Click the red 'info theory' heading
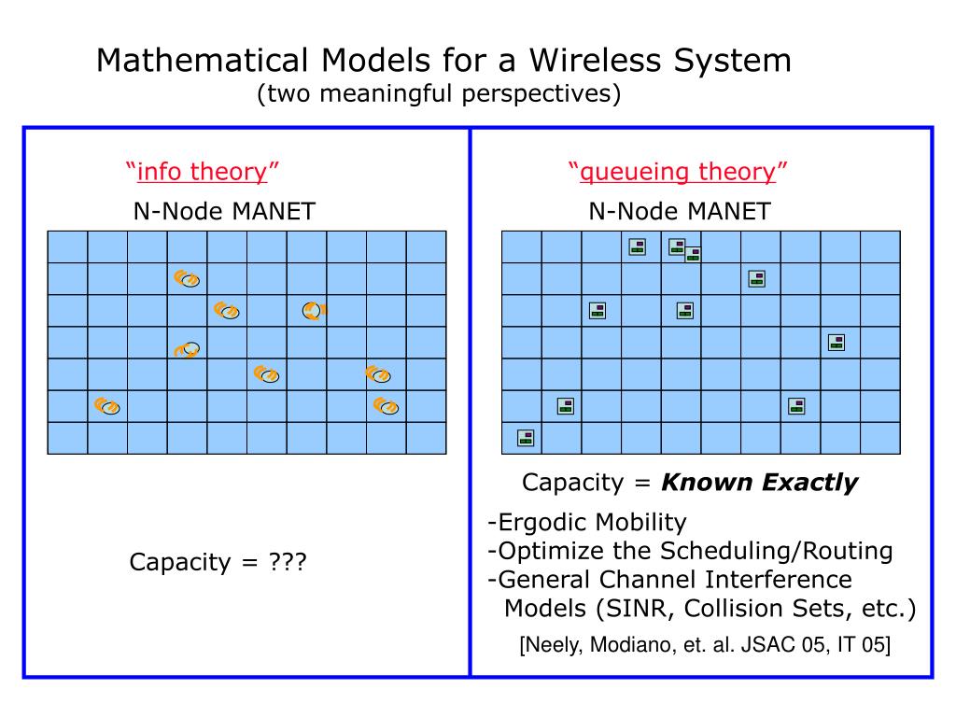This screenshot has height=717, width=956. pyautogui.click(x=203, y=172)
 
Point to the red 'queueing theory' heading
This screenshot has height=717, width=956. pyautogui.click(x=678, y=172)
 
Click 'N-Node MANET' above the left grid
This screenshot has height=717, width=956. pyautogui.click(x=224, y=212)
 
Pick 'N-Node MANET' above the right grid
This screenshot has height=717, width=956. pyautogui.click(x=680, y=212)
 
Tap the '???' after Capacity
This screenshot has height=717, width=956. pyautogui.click(x=288, y=563)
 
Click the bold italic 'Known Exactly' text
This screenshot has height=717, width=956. pyautogui.click(x=759, y=483)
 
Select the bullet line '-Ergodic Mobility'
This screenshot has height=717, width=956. pyautogui.click(x=586, y=522)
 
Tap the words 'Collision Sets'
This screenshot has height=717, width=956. pyautogui.click(x=763, y=609)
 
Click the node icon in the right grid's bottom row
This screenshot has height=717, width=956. pyautogui.click(x=526, y=437)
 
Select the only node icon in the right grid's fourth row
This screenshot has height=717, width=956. pyautogui.click(x=836, y=343)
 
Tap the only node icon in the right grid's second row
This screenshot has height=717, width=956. pyautogui.click(x=757, y=278)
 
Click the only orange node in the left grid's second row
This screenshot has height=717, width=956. pyautogui.click(x=187, y=278)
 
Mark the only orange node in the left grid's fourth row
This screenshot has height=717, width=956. pyautogui.click(x=189, y=350)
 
